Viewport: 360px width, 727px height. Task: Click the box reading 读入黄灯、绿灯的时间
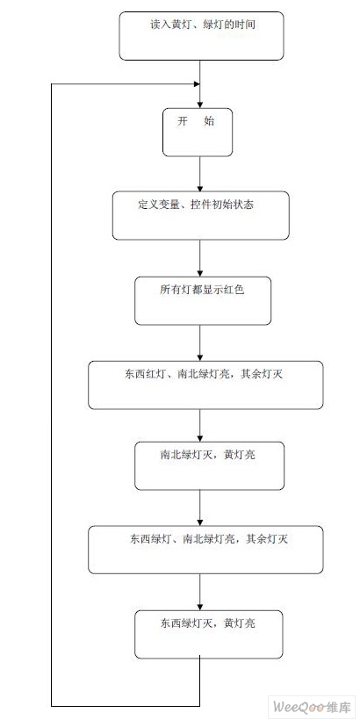(x=201, y=36)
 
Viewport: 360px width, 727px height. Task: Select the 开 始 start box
(x=198, y=132)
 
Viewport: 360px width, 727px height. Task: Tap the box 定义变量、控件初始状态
(x=201, y=216)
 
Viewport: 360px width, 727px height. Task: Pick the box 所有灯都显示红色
(x=203, y=301)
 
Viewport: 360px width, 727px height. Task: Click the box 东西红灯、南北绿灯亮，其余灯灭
(x=205, y=385)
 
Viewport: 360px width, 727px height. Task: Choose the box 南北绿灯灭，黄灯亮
(x=209, y=466)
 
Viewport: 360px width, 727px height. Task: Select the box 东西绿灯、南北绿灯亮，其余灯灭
(x=205, y=550)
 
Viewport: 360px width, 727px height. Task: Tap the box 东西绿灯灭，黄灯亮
(x=209, y=634)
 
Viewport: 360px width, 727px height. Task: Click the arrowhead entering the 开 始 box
(x=200, y=104)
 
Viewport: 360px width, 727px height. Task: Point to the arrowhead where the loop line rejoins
(x=197, y=84)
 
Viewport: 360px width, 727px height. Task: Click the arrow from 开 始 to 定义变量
(x=200, y=174)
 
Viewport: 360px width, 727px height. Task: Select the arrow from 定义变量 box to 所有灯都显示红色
(x=200, y=258)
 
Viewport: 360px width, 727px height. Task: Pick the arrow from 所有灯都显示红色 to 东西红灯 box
(x=200, y=343)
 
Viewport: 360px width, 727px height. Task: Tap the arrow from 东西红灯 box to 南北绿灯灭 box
(x=200, y=426)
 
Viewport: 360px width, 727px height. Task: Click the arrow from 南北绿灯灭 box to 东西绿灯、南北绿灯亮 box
(x=200, y=507)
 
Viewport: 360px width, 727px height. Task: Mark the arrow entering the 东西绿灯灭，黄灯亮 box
(x=200, y=592)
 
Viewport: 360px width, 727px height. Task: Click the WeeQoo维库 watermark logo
(x=313, y=707)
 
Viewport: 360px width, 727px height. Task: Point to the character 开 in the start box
(x=183, y=121)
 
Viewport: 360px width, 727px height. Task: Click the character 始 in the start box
(x=209, y=121)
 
